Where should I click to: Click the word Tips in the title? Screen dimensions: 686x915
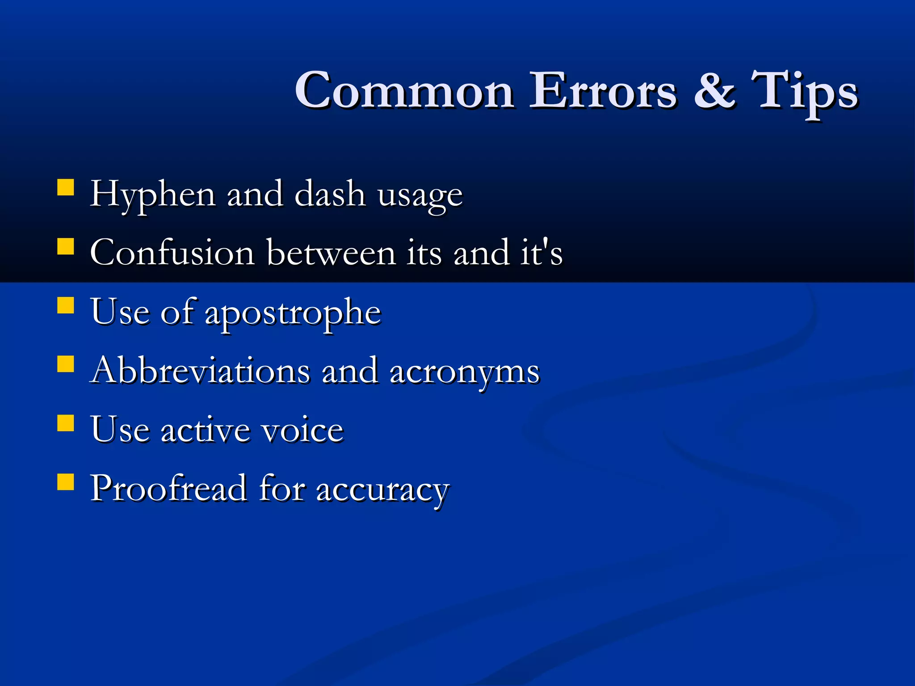coord(804,92)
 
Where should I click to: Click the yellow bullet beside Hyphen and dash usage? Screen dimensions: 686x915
coord(66,188)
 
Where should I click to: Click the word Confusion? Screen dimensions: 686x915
coord(172,253)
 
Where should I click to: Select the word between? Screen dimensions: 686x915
coord(331,253)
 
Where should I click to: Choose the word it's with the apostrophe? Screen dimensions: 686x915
coord(541,253)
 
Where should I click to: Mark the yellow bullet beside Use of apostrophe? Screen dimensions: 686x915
coord(66,306)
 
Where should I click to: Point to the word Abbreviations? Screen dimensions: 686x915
coord(200,371)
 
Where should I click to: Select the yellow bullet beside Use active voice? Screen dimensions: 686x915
coord(66,423)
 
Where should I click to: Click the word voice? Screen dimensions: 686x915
coord(302,430)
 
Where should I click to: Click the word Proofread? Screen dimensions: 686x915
coord(169,488)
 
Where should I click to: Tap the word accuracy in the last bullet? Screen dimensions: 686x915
coord(382,490)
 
